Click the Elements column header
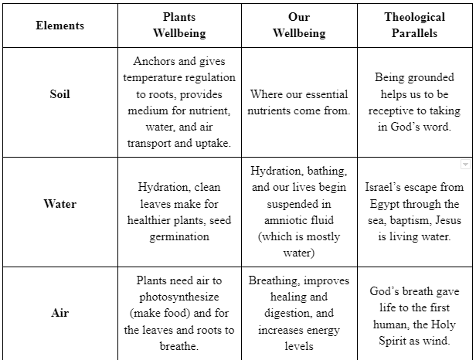(x=59, y=25)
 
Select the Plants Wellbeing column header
(x=179, y=25)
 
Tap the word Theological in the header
(x=414, y=17)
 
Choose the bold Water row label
(x=59, y=204)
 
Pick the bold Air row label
(x=59, y=314)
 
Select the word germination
(x=179, y=236)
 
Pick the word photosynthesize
(x=179, y=297)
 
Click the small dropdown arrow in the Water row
(x=464, y=165)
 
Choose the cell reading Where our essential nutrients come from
(x=298, y=103)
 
